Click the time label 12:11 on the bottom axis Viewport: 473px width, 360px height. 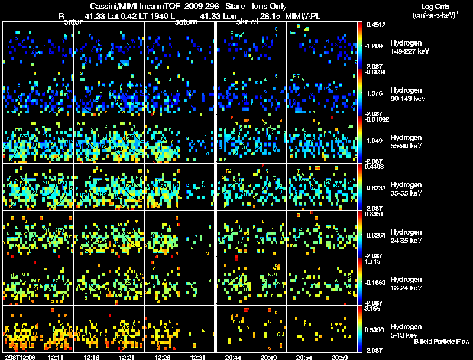pyautogui.click(x=57, y=357)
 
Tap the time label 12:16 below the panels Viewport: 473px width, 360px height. pyautogui.click(x=92, y=357)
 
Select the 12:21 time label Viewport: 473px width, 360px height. pyautogui.click(x=128, y=357)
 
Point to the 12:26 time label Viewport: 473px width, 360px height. pyautogui.click(x=163, y=357)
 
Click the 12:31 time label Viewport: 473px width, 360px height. pyautogui.click(x=198, y=357)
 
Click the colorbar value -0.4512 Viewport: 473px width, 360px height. pyautogui.click(x=377, y=25)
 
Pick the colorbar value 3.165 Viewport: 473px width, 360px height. pyautogui.click(x=375, y=308)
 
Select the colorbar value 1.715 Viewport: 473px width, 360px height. pyautogui.click(x=375, y=261)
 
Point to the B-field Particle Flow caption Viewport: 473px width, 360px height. pyautogui.click(x=442, y=342)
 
